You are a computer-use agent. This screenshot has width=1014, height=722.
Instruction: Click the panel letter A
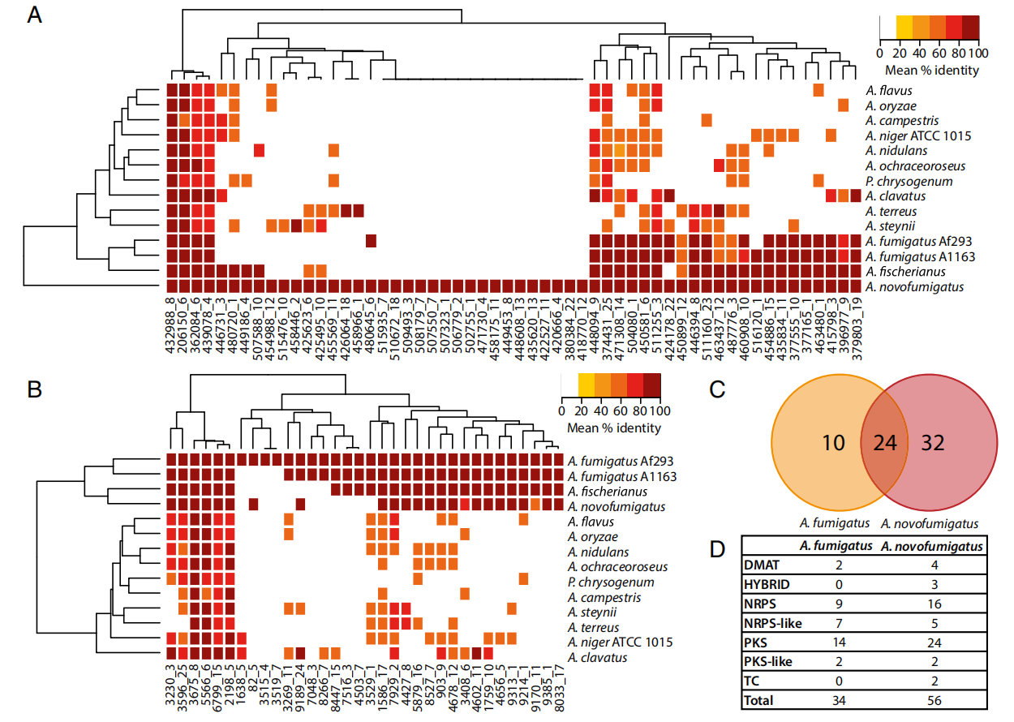pyautogui.click(x=35, y=15)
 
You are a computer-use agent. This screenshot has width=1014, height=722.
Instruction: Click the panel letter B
pyautogui.click(x=35, y=390)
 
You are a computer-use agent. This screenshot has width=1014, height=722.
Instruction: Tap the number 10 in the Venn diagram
pyautogui.click(x=834, y=443)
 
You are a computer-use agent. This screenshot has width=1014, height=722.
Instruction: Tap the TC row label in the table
pyautogui.click(x=754, y=681)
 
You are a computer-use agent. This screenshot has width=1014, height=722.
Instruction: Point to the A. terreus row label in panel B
pyautogui.click(x=595, y=627)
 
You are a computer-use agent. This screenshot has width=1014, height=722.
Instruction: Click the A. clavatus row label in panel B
pyautogui.click(x=598, y=657)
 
